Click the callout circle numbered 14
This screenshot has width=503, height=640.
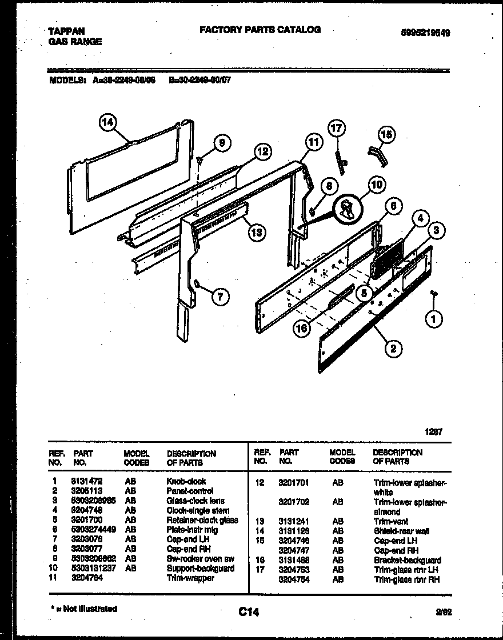tap(107, 122)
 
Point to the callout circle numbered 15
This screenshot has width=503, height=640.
tap(386, 135)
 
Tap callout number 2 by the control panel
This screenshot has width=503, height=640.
tap(393, 348)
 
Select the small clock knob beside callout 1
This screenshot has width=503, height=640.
tap(434, 293)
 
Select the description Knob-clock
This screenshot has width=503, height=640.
tap(186, 481)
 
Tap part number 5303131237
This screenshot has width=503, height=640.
tap(94, 569)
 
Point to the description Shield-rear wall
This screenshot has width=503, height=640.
tap(401, 531)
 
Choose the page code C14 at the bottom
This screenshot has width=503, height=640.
tap(249, 612)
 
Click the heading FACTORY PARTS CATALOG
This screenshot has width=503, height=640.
tap(260, 30)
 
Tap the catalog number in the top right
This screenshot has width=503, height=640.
tap(422, 33)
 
